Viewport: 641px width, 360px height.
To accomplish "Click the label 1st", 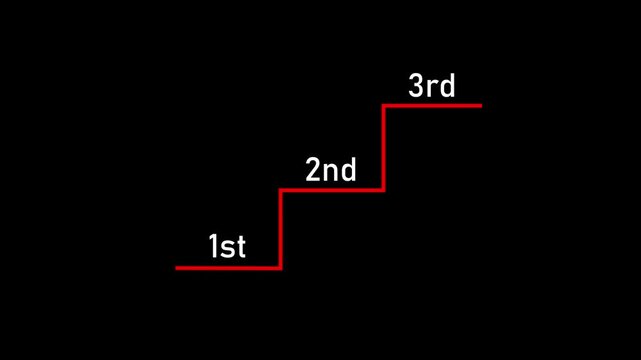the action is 227,246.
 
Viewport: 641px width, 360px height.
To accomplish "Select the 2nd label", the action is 330,170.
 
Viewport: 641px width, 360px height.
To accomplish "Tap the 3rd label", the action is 432,86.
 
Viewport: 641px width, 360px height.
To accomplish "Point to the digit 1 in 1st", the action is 214,246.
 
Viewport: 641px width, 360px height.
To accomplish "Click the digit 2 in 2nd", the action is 314,170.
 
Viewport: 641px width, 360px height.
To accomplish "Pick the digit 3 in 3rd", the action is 417,86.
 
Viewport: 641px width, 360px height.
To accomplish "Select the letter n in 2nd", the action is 331,172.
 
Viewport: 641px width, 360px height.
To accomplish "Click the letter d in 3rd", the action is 447,86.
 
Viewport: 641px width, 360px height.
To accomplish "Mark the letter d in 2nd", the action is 347,170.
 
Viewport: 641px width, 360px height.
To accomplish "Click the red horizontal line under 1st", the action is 228,267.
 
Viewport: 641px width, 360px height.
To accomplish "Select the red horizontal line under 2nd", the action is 332,189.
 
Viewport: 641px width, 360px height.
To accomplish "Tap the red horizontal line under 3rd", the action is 433,105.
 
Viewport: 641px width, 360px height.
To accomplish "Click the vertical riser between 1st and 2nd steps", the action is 281,228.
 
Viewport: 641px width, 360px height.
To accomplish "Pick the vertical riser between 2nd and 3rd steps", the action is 384,147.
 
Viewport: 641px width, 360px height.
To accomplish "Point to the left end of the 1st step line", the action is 178,267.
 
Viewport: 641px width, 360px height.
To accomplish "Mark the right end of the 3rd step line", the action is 480,105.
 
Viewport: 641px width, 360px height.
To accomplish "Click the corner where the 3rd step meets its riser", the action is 384,105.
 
